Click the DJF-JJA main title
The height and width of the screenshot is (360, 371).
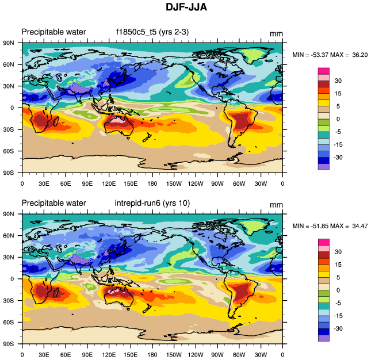[186, 7]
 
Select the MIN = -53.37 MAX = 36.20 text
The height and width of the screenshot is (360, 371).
[330, 55]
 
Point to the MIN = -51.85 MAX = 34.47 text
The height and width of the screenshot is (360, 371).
[330, 226]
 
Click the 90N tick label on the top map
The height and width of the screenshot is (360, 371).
[9, 43]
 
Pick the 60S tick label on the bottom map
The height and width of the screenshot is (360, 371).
[9, 322]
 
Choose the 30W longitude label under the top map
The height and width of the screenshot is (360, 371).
[261, 183]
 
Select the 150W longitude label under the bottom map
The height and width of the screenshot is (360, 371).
[174, 355]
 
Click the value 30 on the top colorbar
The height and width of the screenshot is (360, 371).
[339, 81]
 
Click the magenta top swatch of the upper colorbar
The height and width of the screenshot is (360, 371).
[324, 71]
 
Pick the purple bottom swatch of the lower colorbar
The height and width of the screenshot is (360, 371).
[324, 338]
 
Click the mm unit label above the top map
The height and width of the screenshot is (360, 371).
[276, 33]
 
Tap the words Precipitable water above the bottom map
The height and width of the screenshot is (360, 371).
[53, 203]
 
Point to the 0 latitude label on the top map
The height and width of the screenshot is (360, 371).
[12, 108]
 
